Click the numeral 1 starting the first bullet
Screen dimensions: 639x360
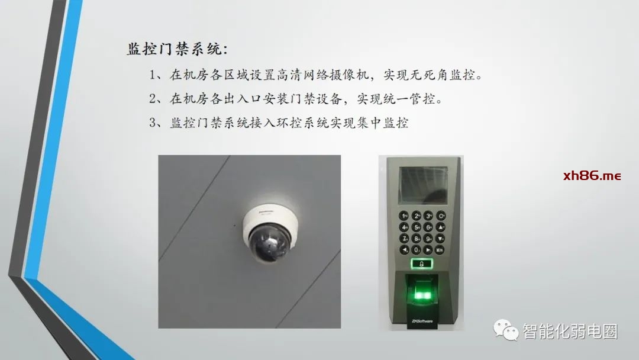tap(153, 75)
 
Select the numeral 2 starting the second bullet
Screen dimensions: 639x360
tap(153, 99)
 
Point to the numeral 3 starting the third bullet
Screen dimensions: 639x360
tap(153, 123)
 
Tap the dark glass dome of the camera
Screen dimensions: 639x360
tap(268, 245)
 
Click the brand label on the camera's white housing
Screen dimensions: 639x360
tap(266, 211)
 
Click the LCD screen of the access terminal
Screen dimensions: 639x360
tap(423, 185)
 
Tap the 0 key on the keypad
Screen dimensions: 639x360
tap(416, 249)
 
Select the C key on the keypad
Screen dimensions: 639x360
tap(441, 216)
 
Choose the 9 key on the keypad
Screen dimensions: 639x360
tap(428, 238)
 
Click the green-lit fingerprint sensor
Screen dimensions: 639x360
tap(422, 291)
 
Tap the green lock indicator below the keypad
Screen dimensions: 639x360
tap(422, 263)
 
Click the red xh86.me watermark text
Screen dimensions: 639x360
tap(592, 176)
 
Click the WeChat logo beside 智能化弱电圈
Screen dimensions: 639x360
tap(506, 329)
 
